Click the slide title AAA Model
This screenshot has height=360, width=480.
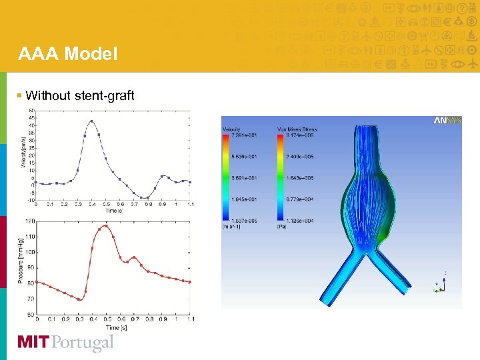point(67,53)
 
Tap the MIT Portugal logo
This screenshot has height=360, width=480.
point(65,343)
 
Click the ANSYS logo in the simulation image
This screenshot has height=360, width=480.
point(447,121)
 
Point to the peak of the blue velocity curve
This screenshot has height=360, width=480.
point(91,121)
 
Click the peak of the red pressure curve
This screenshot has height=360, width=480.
point(105,225)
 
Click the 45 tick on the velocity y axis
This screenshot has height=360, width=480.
point(31,118)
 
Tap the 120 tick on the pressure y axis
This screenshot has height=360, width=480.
point(31,221)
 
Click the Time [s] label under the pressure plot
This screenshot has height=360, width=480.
point(112,327)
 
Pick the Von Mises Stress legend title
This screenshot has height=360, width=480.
point(297,129)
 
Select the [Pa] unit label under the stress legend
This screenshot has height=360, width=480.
point(281,227)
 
